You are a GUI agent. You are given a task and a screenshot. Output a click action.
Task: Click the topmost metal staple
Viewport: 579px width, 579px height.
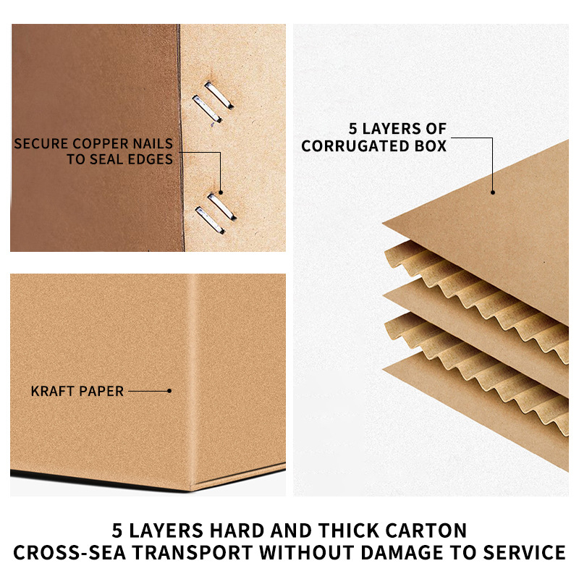pyautogui.click(x=219, y=96)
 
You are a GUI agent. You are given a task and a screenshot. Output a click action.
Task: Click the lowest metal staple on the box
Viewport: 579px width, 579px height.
pyautogui.click(x=210, y=220)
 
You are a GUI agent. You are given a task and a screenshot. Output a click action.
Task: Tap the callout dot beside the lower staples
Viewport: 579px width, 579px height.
pyautogui.click(x=221, y=193)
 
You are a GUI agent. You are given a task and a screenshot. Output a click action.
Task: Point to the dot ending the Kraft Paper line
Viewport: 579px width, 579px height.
pyautogui.click(x=169, y=391)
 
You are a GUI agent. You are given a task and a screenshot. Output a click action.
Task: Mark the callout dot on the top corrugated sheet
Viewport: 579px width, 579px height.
pyautogui.click(x=493, y=193)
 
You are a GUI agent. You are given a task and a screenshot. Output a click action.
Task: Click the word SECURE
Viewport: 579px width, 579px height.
pyautogui.click(x=41, y=143)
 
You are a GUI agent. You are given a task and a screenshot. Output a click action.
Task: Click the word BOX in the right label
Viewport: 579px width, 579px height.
pyautogui.click(x=430, y=146)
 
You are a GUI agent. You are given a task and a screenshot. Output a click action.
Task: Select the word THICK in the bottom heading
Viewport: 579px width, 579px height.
pyautogui.click(x=349, y=531)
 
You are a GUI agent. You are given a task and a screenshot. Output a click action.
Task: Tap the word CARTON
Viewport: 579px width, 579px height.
pyautogui.click(x=426, y=531)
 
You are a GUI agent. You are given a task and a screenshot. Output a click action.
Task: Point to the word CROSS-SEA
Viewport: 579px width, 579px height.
pyautogui.click(x=69, y=552)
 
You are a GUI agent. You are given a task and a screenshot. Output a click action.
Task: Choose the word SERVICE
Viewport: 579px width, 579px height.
pyautogui.click(x=524, y=552)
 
